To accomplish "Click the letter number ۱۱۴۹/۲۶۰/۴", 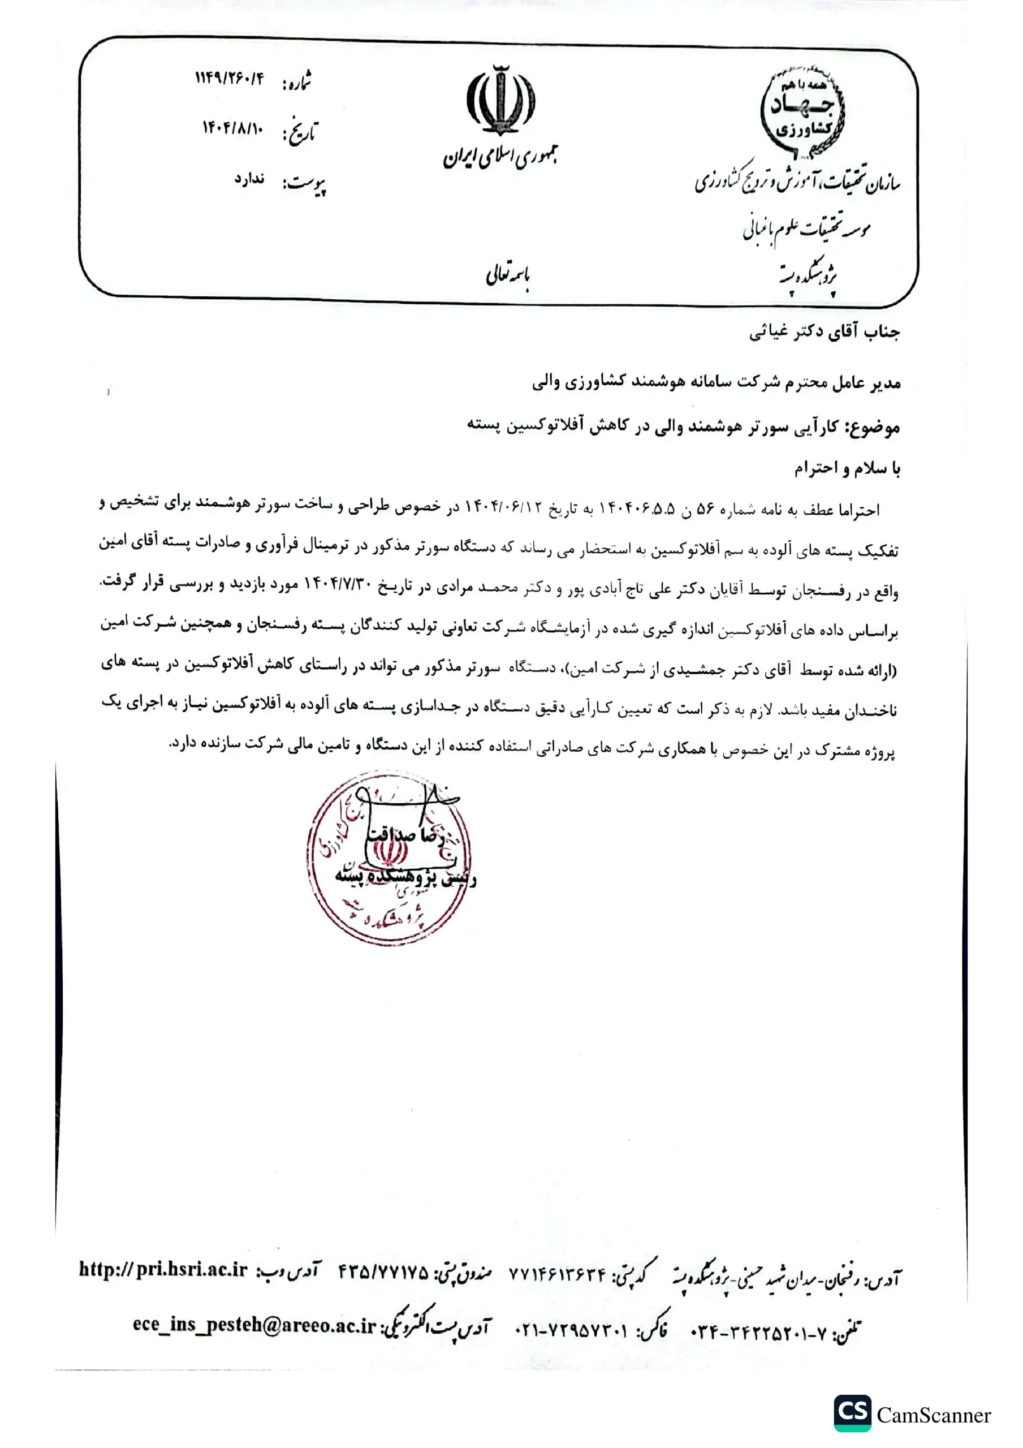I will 229,78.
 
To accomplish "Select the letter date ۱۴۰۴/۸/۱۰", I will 232,128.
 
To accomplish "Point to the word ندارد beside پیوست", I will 249,179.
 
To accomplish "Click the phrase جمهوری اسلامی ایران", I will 499,158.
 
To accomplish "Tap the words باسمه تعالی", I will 508,275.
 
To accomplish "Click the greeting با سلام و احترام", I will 847,468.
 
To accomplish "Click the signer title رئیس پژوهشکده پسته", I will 405,878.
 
